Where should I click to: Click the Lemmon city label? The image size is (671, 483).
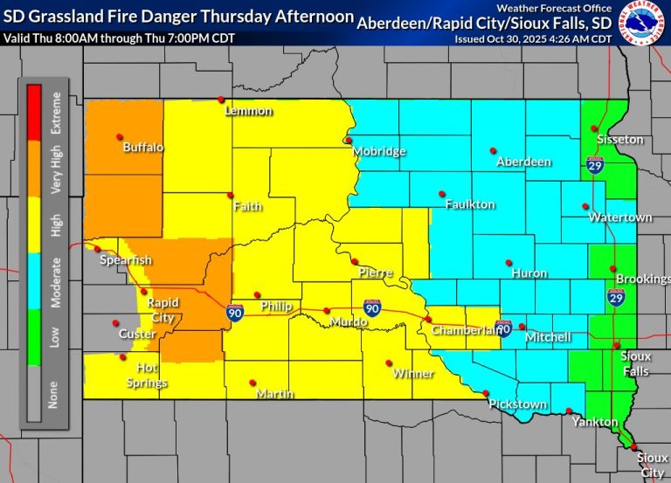(248, 111)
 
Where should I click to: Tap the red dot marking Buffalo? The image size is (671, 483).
(119, 137)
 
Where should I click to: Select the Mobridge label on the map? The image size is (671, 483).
(379, 151)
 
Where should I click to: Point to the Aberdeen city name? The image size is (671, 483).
(523, 162)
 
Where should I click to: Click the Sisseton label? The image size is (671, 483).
(619, 140)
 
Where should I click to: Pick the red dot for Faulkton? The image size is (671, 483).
(442, 193)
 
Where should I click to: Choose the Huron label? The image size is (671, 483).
(529, 273)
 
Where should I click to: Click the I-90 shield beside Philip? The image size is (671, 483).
(235, 312)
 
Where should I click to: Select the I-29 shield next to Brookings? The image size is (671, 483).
(616, 299)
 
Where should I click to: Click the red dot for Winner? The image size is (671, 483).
(389, 363)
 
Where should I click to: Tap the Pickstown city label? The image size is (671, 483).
(518, 404)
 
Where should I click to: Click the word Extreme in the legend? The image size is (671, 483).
(56, 112)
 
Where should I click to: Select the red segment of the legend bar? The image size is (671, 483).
(35, 113)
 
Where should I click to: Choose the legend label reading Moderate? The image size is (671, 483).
(56, 282)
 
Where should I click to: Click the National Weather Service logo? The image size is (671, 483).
(642, 23)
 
